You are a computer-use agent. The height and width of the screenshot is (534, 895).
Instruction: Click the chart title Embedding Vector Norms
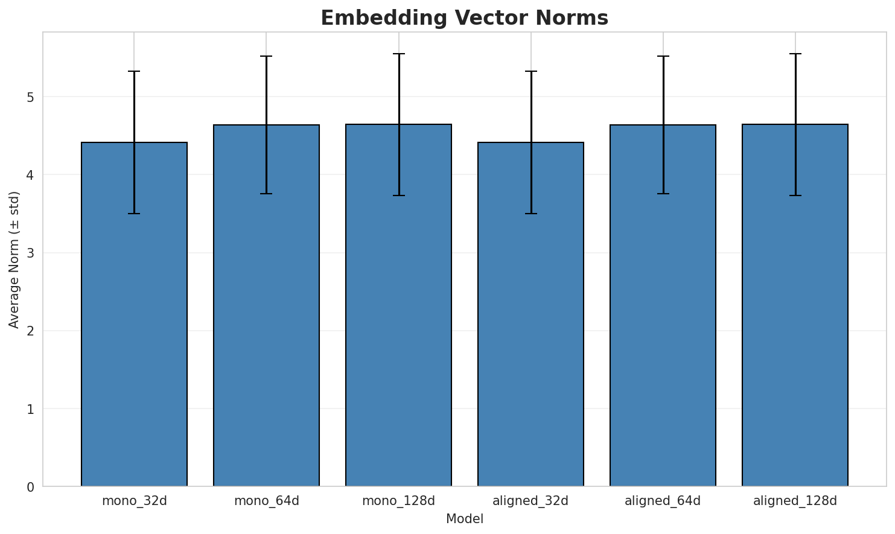coord(464,18)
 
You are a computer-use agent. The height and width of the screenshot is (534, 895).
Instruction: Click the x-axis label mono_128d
coord(398,501)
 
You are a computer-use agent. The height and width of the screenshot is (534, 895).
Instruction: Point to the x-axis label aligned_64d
coord(663,501)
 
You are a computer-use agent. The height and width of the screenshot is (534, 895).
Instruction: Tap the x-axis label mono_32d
coord(134,501)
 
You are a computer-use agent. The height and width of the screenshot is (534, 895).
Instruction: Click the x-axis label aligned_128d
coord(795,501)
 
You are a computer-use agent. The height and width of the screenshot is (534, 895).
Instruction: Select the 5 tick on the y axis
coord(31,97)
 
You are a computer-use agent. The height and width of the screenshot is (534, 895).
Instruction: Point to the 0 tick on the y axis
coord(31,487)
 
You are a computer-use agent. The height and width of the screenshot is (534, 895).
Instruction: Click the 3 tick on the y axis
coord(31,253)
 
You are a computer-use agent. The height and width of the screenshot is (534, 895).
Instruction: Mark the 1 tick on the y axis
coord(31,409)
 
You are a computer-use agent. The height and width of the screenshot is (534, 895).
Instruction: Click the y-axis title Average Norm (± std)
coord(14,259)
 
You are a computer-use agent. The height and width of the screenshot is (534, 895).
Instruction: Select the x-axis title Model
coord(464,519)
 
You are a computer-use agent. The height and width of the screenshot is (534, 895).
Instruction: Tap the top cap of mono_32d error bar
coord(134,71)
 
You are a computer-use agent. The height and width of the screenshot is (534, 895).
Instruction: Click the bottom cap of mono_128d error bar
coord(398,195)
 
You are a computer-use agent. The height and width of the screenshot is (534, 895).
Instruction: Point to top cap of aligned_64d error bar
coord(663,56)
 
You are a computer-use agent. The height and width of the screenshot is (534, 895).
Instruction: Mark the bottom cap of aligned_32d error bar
coord(530,214)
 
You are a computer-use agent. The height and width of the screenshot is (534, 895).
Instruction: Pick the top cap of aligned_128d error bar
coord(795,54)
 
